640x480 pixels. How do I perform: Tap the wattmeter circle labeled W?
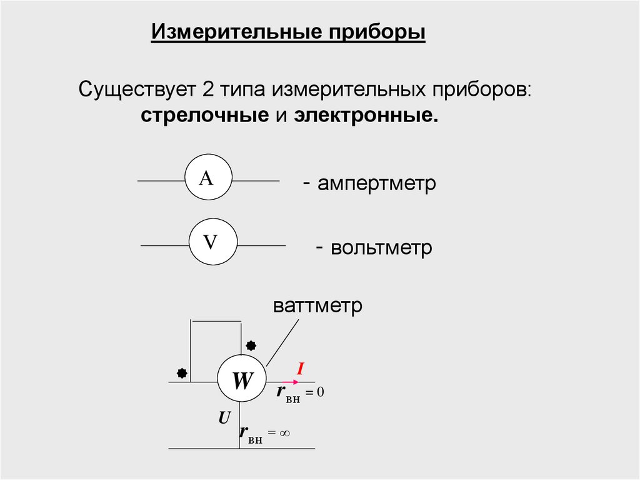point(242,380)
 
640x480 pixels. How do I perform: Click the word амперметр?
point(376,184)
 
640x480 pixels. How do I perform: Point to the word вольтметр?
point(381,248)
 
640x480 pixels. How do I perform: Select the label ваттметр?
point(317,307)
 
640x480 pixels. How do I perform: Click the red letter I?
point(300,370)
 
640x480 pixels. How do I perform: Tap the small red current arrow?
point(289,382)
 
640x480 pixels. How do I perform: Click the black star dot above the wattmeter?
point(251,344)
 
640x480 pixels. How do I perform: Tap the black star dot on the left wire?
point(182,373)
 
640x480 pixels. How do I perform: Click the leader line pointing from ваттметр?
point(282,342)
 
